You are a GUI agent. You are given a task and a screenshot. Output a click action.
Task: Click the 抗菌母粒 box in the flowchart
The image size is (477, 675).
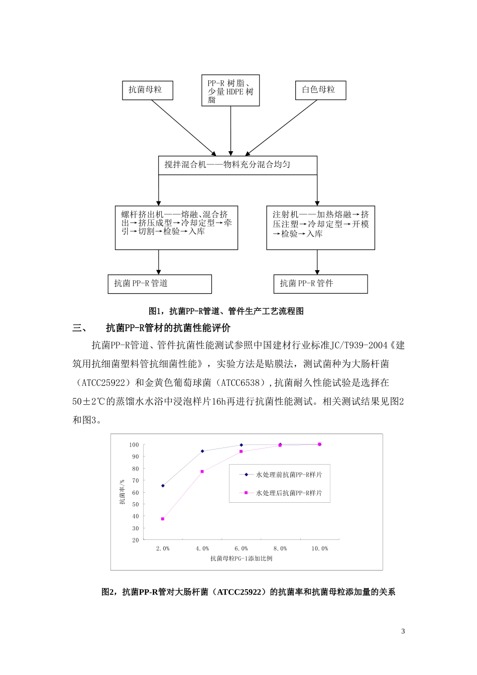point(148,90)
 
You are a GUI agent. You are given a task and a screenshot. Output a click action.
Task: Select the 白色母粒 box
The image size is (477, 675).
point(320,90)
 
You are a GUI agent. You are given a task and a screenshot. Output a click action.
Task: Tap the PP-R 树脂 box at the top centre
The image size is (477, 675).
point(230,91)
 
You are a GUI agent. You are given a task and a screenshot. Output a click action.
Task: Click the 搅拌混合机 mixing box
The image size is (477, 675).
point(237,165)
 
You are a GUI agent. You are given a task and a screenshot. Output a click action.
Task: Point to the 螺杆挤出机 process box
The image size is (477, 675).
point(176,228)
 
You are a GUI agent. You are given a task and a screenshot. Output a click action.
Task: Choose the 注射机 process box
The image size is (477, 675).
point(320,228)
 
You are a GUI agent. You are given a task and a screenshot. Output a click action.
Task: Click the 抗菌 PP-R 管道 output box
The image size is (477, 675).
point(160,284)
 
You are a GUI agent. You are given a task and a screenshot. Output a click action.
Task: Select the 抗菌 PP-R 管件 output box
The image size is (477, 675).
point(320,284)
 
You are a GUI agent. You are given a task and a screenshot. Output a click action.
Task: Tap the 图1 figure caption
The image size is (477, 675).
point(226,311)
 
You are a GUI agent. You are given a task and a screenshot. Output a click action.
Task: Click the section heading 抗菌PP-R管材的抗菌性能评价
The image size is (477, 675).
point(168,328)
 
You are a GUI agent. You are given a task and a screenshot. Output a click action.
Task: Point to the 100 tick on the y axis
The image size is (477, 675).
point(134,445)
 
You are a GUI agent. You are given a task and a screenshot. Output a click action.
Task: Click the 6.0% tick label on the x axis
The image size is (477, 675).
point(241,548)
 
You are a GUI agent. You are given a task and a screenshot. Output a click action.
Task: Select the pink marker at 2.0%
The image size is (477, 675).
point(163,519)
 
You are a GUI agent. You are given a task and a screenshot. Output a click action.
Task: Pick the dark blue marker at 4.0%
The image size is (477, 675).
point(202,451)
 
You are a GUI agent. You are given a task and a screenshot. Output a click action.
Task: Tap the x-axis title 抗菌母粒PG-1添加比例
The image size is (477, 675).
point(241,558)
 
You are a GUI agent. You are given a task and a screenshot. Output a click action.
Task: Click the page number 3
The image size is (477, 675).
point(403,631)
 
